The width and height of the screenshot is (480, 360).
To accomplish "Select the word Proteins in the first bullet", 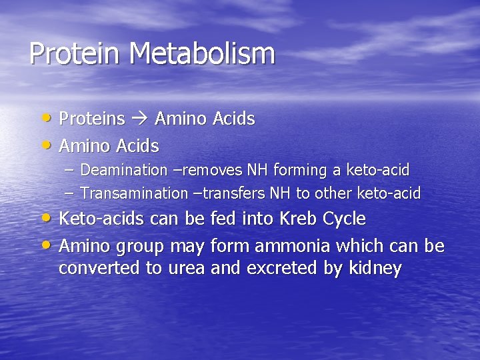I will [x=92, y=119].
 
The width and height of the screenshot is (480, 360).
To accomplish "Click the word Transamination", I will [x=134, y=193].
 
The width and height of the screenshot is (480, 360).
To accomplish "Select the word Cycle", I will [x=345, y=219].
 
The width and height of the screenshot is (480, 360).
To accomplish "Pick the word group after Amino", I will [x=139, y=247].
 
